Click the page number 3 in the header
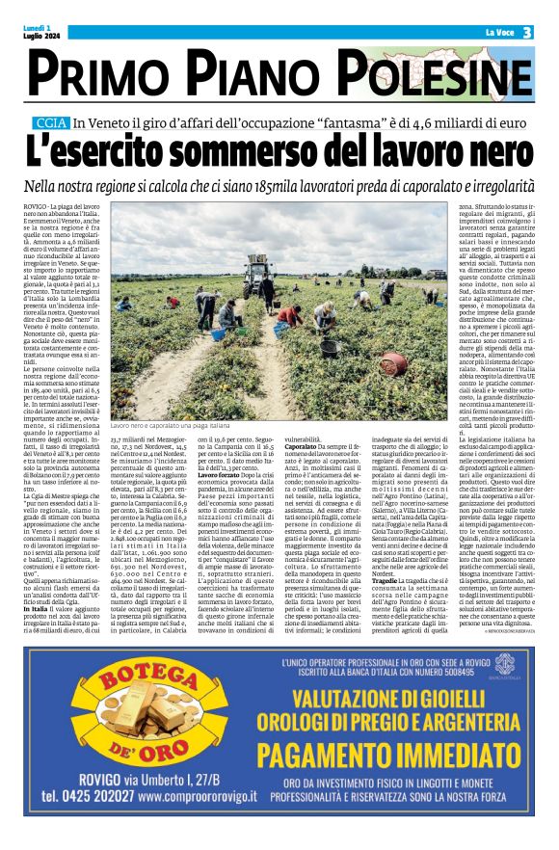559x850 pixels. pos(528,33)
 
